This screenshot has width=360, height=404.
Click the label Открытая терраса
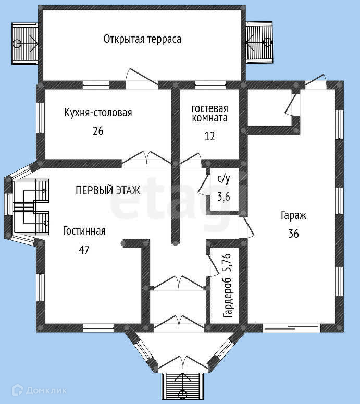[142, 40]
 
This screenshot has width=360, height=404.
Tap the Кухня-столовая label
[98, 113]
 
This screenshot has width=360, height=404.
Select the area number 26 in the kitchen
[98, 131]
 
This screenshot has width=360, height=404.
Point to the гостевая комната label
[209, 113]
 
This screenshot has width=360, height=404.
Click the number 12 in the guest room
[209, 136]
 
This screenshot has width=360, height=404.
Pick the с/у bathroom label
[224, 179]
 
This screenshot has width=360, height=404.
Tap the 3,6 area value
[224, 197]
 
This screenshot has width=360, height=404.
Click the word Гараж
[293, 215]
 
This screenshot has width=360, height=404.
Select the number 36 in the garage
[293, 234]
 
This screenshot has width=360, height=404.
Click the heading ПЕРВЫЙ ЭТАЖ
[108, 190]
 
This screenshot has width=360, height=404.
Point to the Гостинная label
[84, 231]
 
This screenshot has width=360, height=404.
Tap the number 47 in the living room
[84, 249]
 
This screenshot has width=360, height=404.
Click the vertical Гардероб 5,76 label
[227, 286]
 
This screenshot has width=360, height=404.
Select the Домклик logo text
[46, 390]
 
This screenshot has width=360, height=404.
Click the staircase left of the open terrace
[25, 44]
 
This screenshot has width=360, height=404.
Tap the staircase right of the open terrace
[259, 42]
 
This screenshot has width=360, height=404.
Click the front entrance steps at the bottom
[182, 386]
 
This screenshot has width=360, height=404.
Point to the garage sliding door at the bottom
[292, 328]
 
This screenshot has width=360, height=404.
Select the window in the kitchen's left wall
[41, 118]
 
